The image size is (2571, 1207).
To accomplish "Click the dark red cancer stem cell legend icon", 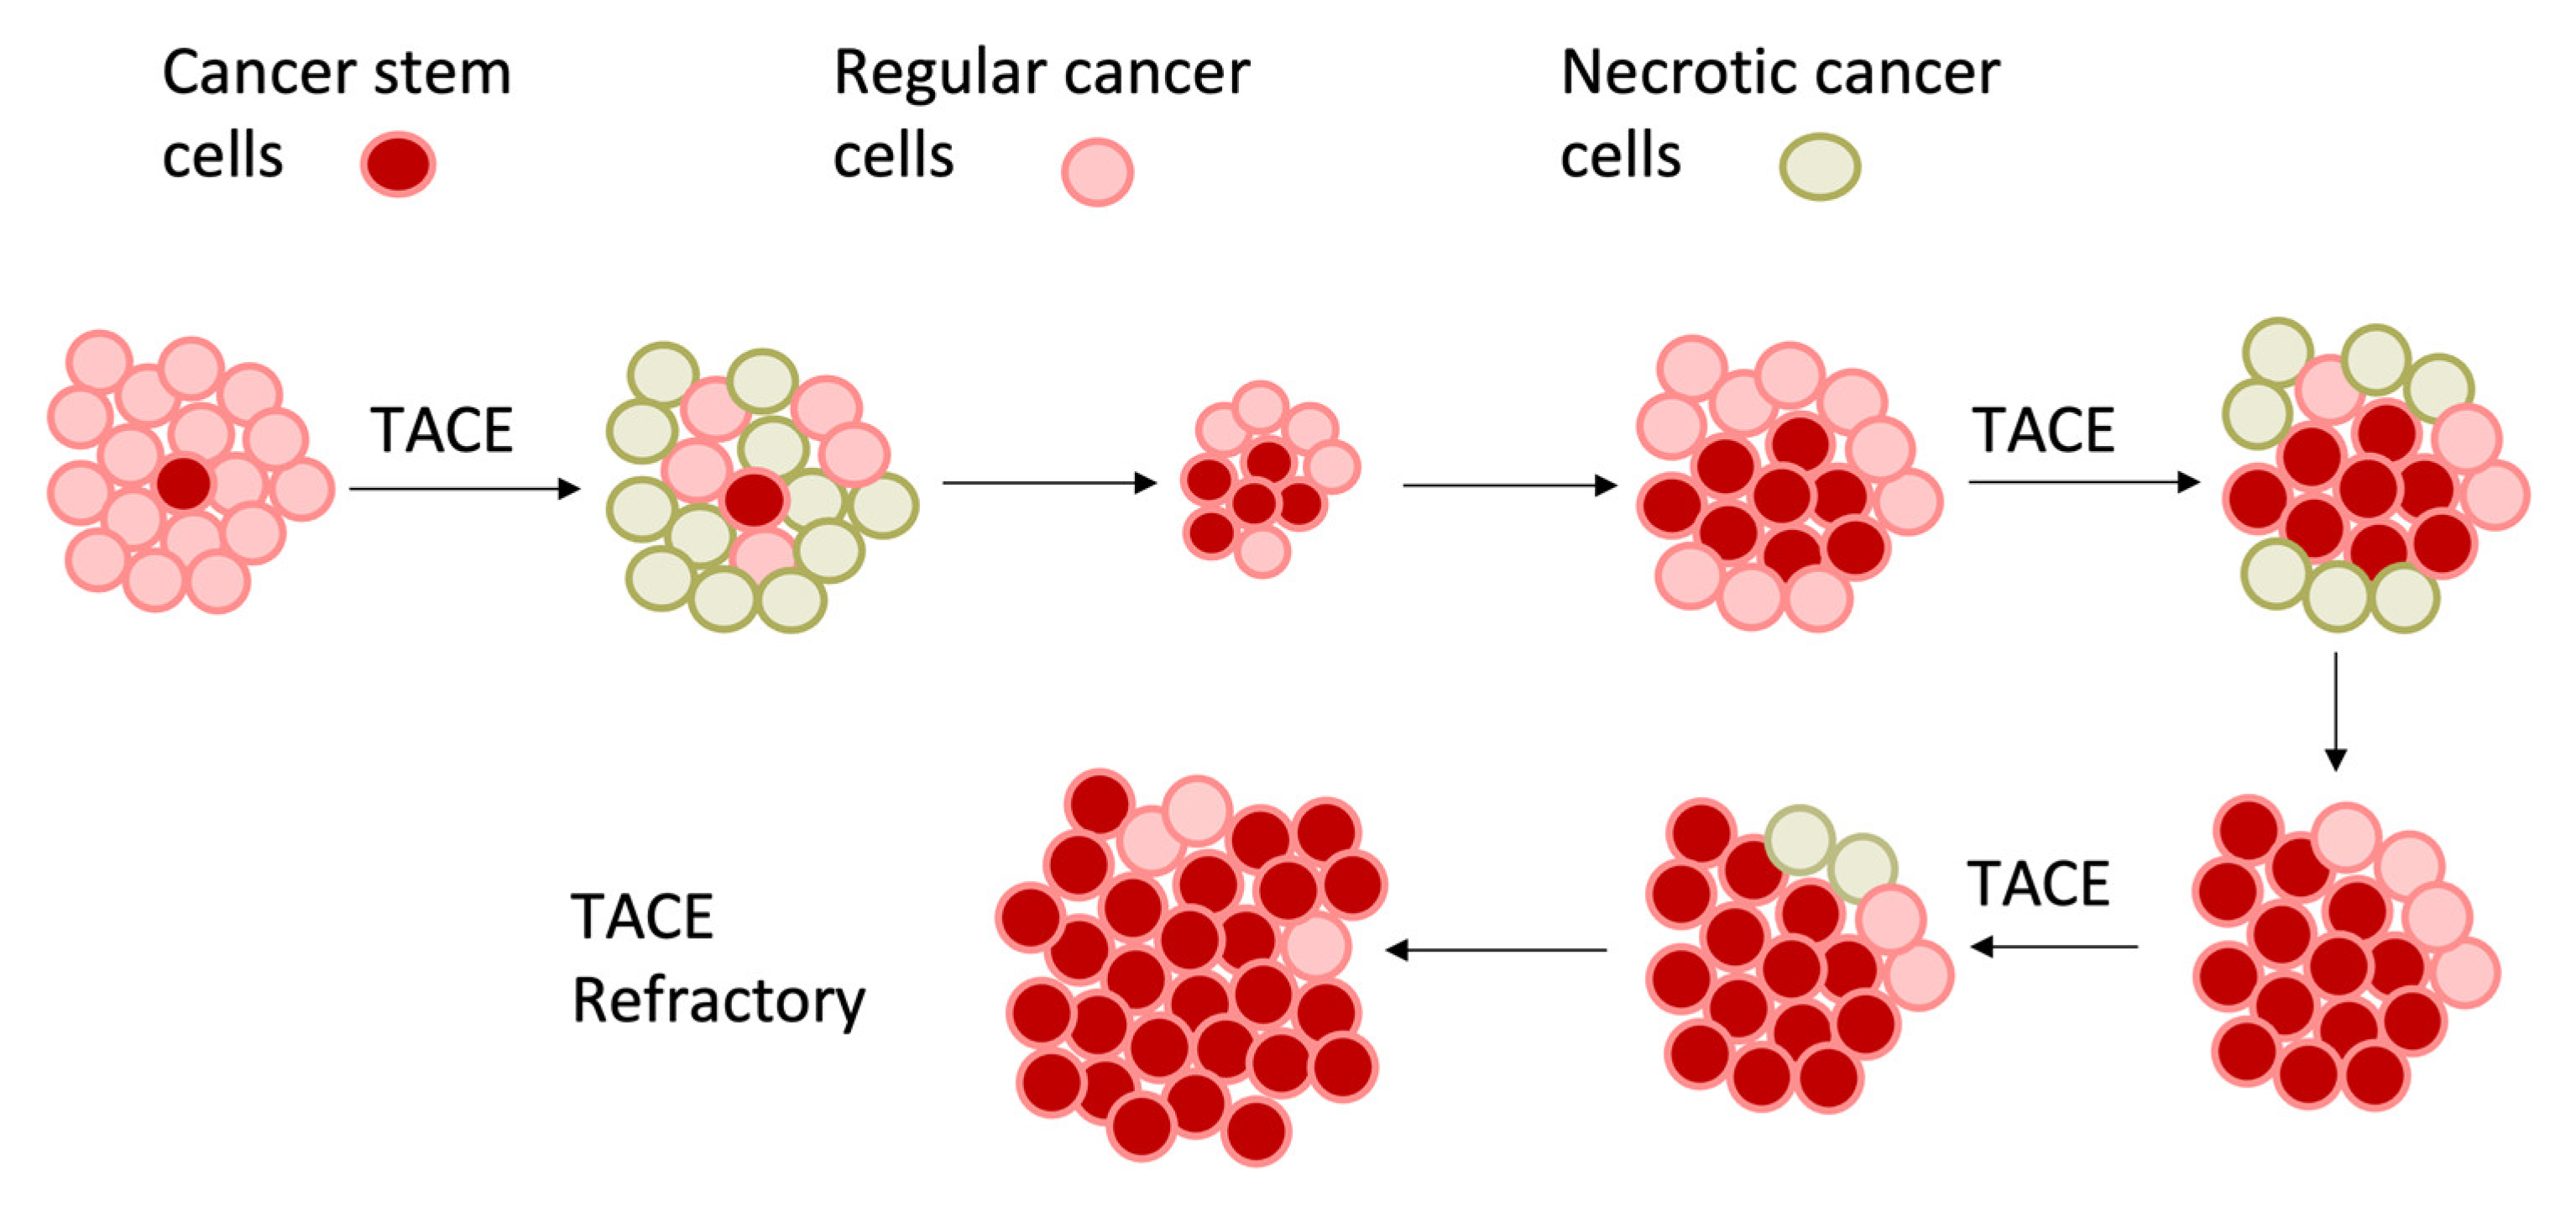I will (x=398, y=164).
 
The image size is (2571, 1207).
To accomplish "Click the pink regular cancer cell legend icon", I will (x=1097, y=171).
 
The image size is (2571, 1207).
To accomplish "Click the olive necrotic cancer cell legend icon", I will (x=1820, y=166).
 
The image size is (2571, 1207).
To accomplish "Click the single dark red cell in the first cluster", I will (x=184, y=483).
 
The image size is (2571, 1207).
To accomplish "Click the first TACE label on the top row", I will (x=442, y=430).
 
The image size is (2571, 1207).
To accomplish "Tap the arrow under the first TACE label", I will (x=464, y=488).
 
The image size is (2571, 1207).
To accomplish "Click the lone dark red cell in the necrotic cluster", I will (x=754, y=499).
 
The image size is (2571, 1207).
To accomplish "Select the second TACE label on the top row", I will (x=2043, y=430).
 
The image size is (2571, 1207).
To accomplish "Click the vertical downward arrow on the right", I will (x=2335, y=711).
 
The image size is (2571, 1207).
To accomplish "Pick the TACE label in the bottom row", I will (x=2038, y=884).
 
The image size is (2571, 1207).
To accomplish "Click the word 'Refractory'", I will (x=718, y=1001).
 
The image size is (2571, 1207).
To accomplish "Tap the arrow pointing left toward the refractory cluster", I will (x=1497, y=949).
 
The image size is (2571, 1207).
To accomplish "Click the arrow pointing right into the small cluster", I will (x=1049, y=483).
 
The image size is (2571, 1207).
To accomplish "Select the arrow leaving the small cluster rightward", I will (x=1509, y=485).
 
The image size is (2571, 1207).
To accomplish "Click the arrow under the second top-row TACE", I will (x=2084, y=482).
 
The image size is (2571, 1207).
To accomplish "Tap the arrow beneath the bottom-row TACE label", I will (x=2054, y=946).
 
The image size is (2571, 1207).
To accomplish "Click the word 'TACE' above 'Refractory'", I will (x=642, y=916).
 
